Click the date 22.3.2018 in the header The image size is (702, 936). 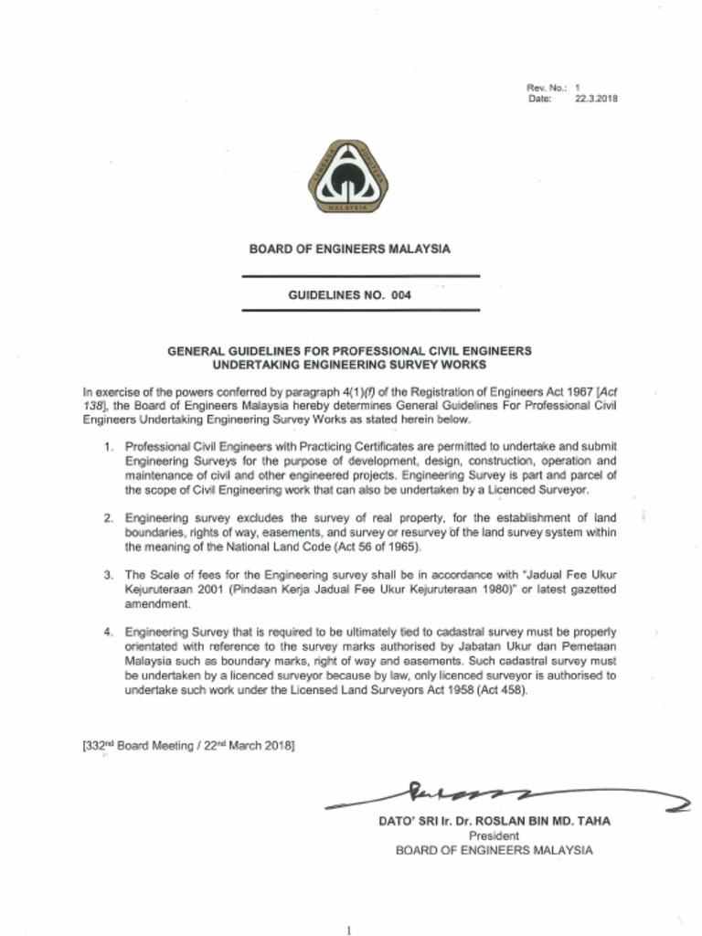tap(596, 99)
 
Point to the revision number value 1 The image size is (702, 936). tap(578, 88)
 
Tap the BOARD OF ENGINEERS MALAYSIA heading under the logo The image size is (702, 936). tap(350, 249)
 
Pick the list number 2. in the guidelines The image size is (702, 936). tap(108, 517)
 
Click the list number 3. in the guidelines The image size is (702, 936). tap(108, 574)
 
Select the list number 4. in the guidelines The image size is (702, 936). tap(108, 632)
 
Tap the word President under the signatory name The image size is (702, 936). tap(494, 835)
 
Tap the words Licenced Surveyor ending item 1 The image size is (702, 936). tap(542, 490)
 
